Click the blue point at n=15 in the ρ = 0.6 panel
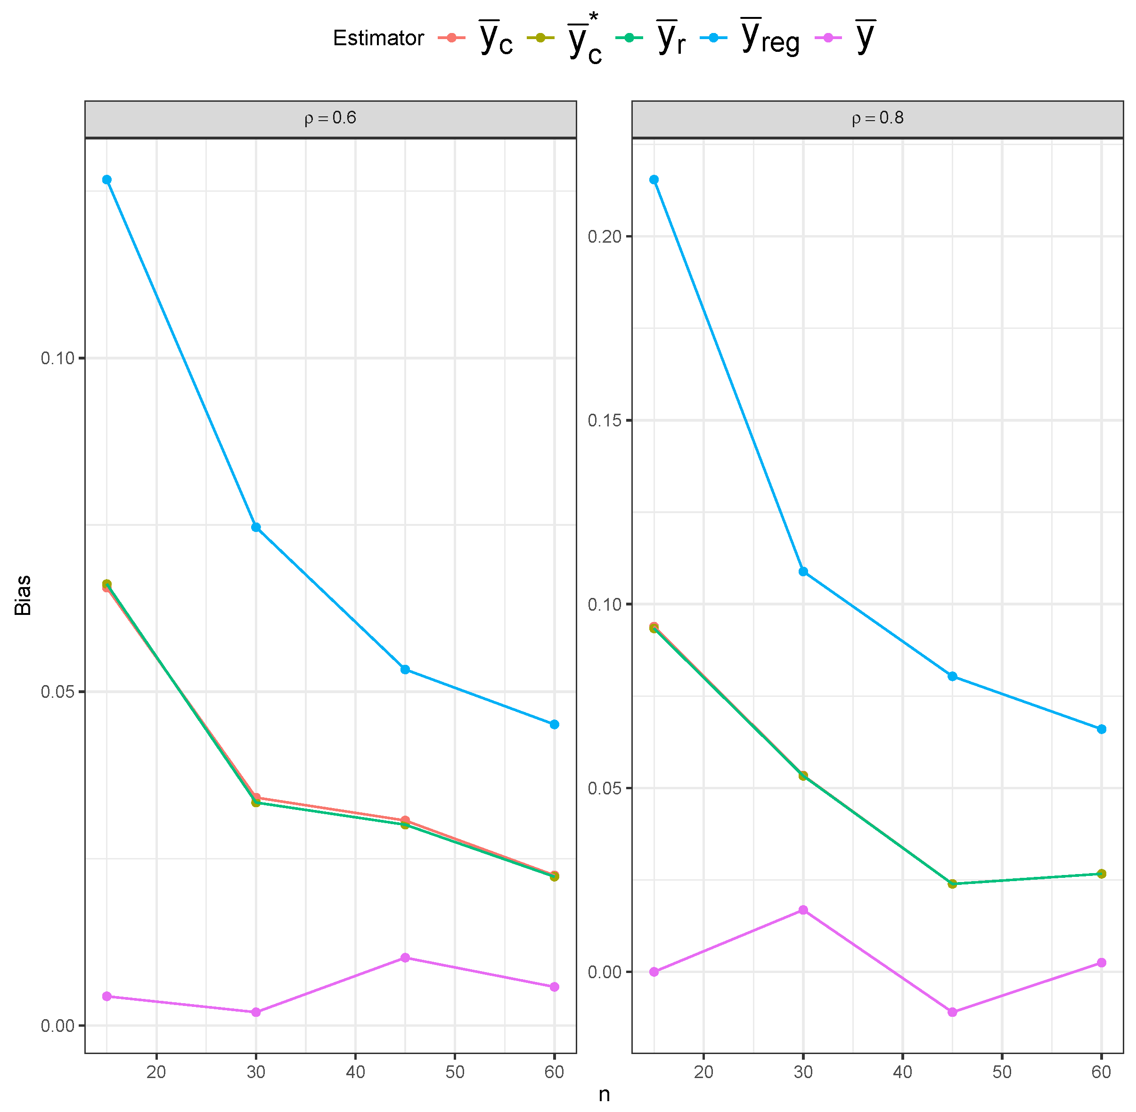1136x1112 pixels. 107,180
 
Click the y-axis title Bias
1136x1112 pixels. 23,595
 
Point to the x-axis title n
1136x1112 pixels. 605,1095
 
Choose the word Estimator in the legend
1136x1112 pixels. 378,39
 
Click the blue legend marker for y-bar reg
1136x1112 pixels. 714,38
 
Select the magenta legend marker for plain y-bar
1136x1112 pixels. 828,38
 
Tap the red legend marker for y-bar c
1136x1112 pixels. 451,38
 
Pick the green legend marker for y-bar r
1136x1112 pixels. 629,38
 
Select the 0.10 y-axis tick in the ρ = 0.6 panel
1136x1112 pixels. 58,358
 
